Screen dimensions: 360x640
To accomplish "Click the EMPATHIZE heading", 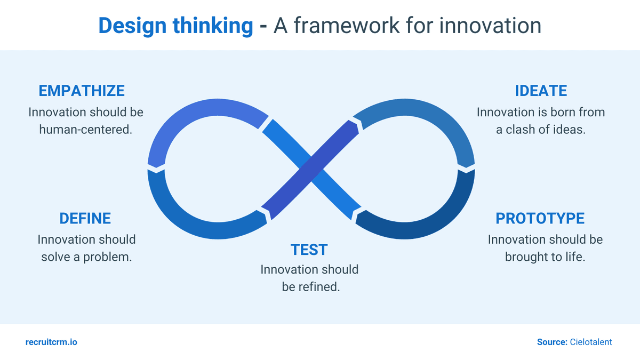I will (x=82, y=90).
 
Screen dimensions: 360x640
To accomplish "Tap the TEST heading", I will (x=309, y=249).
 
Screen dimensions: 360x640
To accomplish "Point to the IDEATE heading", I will (x=540, y=90).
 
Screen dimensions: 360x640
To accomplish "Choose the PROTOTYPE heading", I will (x=540, y=218).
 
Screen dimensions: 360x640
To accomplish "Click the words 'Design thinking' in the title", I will (x=175, y=26).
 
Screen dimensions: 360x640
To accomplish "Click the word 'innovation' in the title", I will (x=490, y=26).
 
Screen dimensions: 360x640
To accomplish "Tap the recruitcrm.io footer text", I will (x=51, y=342).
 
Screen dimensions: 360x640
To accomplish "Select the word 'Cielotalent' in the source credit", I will (x=591, y=342).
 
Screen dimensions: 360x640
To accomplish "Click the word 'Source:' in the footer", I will (x=552, y=342).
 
